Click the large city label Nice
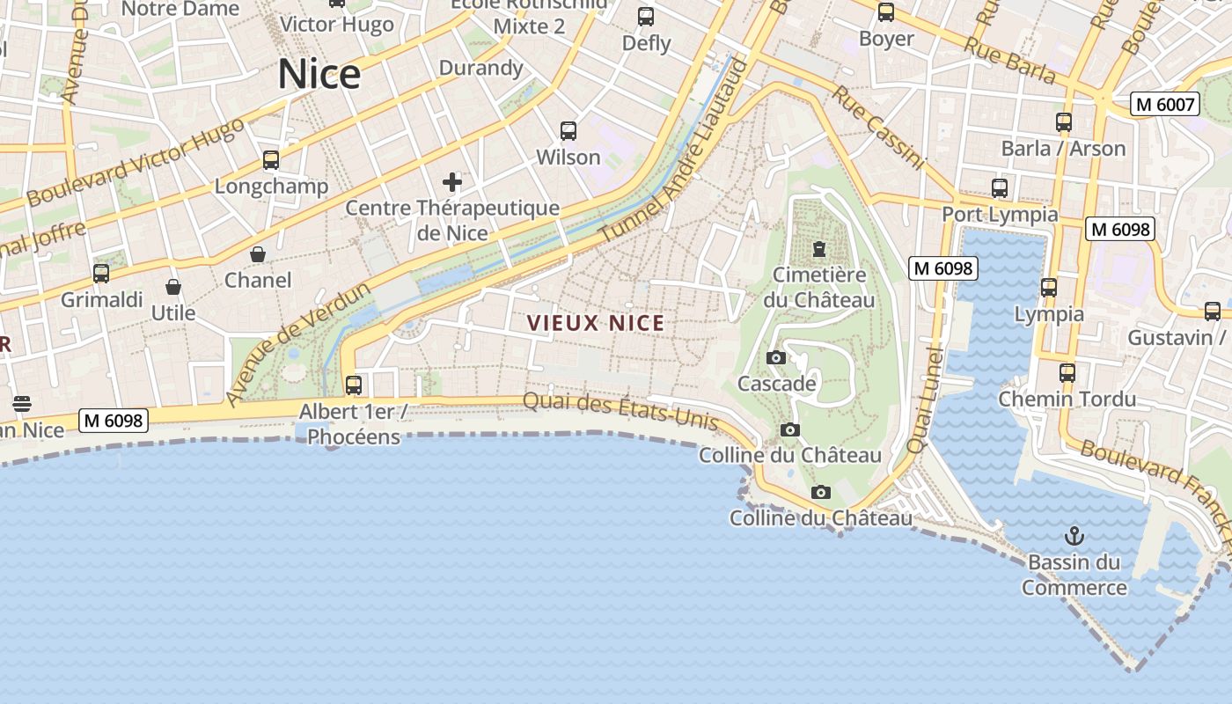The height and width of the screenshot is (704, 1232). click(319, 74)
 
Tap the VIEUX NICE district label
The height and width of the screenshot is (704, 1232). click(596, 323)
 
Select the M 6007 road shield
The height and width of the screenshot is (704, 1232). click(1165, 105)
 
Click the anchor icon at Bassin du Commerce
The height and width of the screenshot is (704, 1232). click(1074, 535)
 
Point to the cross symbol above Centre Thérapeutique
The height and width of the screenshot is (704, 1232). click(452, 182)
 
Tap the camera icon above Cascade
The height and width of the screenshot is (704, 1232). click(775, 357)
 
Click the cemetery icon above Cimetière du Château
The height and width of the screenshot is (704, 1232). click(819, 249)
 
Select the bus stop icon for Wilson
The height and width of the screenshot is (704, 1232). click(568, 131)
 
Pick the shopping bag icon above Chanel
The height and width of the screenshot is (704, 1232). click(258, 254)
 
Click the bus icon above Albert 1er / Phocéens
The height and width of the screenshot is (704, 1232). click(354, 385)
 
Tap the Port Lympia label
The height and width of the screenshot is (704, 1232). click(1000, 214)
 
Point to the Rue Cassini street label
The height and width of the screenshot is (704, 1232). click(878, 128)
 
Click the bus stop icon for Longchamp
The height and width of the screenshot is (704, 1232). click(271, 160)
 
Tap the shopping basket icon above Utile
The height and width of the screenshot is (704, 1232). click(173, 287)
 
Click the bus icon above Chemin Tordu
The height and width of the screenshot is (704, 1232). click(1067, 373)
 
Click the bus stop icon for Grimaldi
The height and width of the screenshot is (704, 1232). click(101, 274)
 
